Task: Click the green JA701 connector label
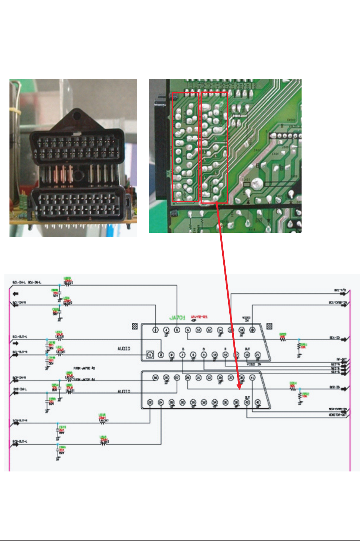tap(177, 318)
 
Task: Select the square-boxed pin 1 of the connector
tap(150, 355)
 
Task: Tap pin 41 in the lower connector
tap(252, 378)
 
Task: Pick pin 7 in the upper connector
tap(183, 355)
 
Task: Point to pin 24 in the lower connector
tap(161, 402)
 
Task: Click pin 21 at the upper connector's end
tap(258, 355)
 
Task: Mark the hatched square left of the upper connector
tap(135, 326)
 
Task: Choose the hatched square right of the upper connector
tap(269, 326)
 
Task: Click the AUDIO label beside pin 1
tap(124, 349)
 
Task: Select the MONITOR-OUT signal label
tap(338, 415)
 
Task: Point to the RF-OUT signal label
tap(341, 360)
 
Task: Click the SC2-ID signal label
tap(334, 387)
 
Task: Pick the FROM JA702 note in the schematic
tap(84, 368)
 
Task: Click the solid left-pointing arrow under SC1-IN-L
tap(16, 294)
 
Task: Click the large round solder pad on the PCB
tap(256, 183)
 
